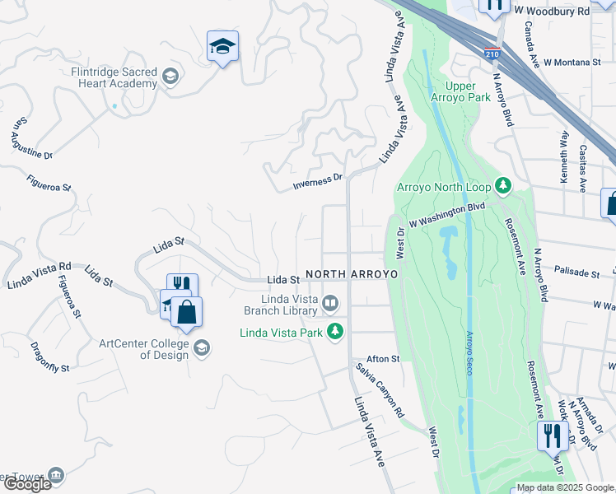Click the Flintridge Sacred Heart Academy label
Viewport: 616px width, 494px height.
113,77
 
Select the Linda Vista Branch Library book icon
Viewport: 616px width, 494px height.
329,305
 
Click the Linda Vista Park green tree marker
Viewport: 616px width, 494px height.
334,333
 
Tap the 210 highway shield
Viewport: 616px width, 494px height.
492,55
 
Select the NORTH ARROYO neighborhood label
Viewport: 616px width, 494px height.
352,273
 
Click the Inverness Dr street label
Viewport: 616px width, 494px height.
318,181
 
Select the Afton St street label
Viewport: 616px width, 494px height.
382,359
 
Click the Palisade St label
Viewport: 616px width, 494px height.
576,271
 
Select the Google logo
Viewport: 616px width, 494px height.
27,484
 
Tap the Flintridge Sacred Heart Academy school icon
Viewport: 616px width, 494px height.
170,77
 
